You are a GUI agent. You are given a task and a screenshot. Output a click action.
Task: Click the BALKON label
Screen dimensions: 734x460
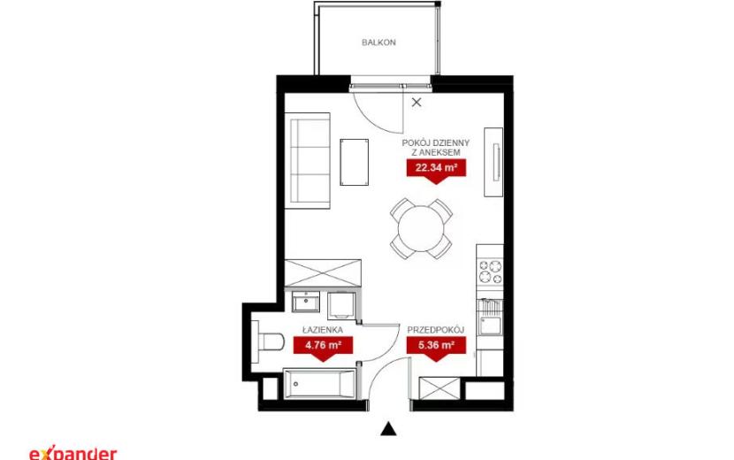tap(378, 42)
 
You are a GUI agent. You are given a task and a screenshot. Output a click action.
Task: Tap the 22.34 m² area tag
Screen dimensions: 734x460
tap(436, 171)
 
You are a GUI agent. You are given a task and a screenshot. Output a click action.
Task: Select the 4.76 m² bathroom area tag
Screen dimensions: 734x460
tap(323, 349)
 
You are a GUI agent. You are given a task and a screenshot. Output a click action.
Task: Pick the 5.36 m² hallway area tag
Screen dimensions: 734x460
tap(436, 349)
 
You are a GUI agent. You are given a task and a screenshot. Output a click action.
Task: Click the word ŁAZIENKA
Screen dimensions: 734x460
tap(323, 329)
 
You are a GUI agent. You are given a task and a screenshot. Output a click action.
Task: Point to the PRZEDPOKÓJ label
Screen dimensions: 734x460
tap(435, 330)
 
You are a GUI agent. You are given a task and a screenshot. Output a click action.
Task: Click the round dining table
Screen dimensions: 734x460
tap(421, 228)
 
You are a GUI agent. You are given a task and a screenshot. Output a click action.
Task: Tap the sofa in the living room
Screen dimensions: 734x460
tap(308, 160)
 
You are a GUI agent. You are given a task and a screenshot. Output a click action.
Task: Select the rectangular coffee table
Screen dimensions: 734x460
tap(354, 162)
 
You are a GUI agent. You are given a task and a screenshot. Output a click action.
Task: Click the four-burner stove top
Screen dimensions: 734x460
tap(490, 272)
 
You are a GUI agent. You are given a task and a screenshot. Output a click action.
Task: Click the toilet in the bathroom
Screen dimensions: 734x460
tap(267, 341)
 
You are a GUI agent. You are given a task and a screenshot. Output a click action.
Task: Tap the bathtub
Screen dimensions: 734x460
tap(320, 384)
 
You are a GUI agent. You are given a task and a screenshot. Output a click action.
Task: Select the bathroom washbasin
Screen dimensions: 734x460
tap(306, 302)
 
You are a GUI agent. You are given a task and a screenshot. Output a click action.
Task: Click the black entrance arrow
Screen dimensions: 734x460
tap(388, 429)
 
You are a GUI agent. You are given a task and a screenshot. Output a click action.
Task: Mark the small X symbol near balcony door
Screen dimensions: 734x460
tap(417, 102)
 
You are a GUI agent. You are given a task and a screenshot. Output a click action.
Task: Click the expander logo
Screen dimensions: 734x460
tap(73, 453)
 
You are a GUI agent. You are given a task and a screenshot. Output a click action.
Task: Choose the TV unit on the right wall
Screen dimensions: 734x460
tap(493, 162)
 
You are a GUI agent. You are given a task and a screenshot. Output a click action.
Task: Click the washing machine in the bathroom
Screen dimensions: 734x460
tap(341, 305)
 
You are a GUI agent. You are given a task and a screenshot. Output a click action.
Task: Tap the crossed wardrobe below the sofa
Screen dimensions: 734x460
tap(323, 272)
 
